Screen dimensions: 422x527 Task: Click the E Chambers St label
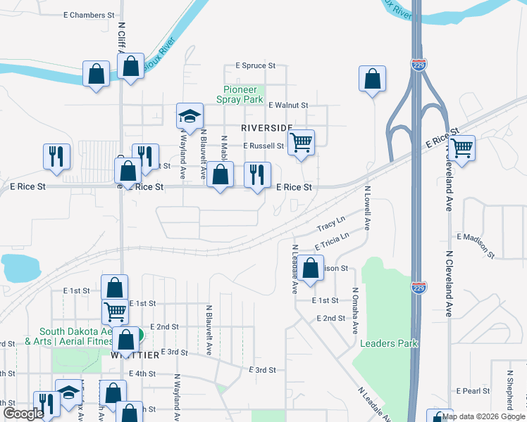click(88, 15)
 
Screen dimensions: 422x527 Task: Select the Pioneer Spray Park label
click(243, 95)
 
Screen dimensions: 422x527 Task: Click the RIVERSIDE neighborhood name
click(266, 128)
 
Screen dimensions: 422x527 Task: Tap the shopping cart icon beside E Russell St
click(301, 143)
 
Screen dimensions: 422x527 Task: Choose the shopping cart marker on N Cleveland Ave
click(461, 148)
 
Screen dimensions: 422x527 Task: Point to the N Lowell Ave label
click(367, 207)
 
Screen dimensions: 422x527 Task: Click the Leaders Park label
click(389, 343)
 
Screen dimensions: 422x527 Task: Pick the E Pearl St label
click(473, 390)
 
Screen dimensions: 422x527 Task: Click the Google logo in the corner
click(23, 414)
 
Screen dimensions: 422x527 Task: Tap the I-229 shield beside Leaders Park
click(417, 287)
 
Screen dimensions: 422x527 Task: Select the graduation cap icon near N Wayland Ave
click(189, 115)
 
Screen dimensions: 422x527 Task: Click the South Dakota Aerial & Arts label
click(75, 337)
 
